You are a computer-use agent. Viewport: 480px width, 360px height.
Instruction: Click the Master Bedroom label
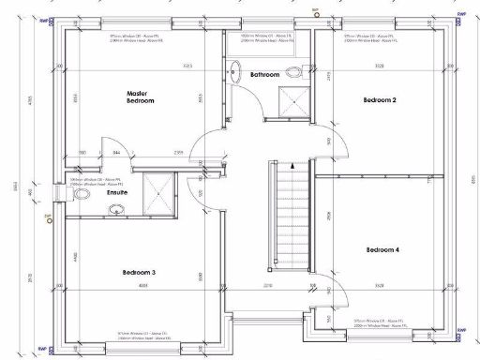coord(140,97)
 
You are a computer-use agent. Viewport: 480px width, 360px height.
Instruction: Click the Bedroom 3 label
coord(139,273)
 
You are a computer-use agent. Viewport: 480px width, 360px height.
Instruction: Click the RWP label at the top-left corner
coord(41,14)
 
